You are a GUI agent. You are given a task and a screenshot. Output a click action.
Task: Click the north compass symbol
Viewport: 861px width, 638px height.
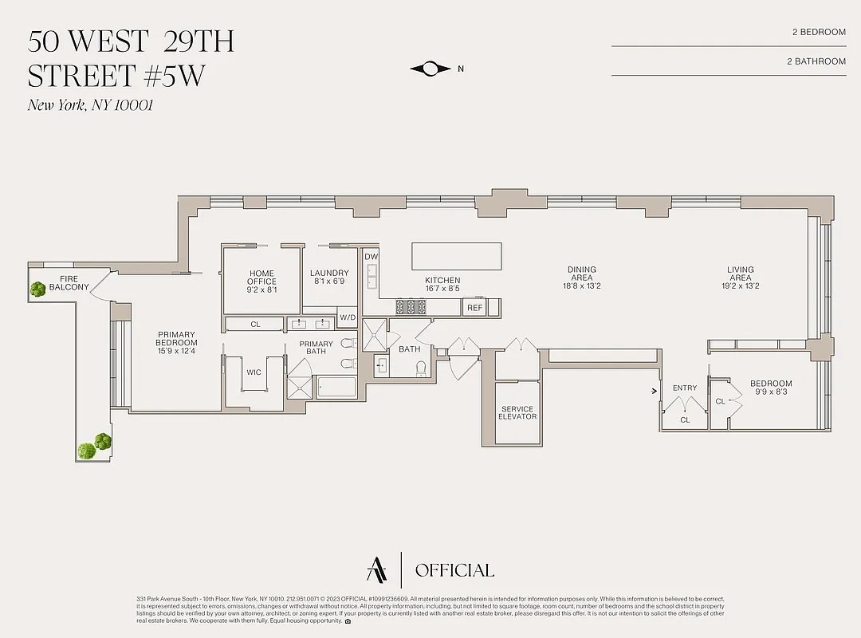[431, 69]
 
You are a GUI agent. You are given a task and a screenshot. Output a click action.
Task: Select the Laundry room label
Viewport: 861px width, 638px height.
[329, 278]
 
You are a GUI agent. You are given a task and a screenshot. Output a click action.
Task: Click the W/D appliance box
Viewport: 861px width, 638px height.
[348, 317]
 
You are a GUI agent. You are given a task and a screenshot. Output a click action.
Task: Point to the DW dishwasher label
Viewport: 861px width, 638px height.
[371, 257]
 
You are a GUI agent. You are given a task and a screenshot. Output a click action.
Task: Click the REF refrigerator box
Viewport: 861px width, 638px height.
[474, 308]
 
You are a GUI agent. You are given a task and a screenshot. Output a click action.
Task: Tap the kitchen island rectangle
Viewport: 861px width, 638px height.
[457, 257]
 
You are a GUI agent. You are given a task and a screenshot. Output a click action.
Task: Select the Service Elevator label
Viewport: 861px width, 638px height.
[517, 412]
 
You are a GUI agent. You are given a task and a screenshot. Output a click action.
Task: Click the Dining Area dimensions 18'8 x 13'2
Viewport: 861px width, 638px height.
[582, 286]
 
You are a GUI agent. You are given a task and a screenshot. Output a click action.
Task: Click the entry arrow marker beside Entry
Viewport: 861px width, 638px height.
[655, 391]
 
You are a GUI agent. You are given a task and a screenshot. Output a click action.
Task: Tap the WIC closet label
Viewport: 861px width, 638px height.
[254, 372]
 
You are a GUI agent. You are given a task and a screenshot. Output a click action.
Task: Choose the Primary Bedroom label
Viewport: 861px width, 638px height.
[176, 339]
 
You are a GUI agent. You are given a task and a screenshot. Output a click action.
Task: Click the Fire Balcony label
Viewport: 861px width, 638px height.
[69, 282]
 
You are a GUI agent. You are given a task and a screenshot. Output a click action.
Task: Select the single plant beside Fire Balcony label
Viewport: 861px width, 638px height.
[37, 289]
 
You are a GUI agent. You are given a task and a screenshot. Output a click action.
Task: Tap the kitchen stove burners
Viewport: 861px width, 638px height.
[411, 306]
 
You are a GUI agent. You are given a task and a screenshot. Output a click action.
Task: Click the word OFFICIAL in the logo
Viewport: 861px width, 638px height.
[454, 570]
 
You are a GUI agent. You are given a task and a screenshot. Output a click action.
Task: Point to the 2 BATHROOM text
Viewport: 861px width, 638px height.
[816, 61]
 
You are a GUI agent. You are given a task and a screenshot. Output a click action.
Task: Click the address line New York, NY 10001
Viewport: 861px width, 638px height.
[89, 104]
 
